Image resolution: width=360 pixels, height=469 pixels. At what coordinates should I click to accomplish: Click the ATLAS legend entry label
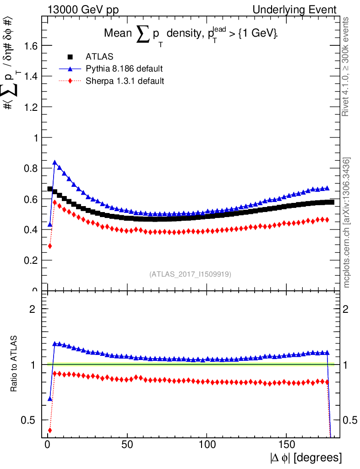click(x=99, y=57)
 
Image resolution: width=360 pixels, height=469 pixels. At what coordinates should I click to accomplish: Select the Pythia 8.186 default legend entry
click(x=124, y=69)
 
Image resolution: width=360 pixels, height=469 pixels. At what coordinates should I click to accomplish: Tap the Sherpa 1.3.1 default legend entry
click(x=125, y=81)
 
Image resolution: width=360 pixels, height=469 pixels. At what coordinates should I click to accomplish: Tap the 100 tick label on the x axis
click(x=207, y=445)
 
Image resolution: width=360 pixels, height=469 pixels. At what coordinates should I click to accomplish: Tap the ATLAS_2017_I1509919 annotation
click(x=190, y=274)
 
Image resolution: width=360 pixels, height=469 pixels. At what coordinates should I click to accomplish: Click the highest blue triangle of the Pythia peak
click(x=55, y=163)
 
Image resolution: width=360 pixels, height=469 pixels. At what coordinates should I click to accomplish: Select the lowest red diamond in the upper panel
click(x=49, y=246)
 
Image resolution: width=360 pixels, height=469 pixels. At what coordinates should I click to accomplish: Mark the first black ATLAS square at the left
click(x=50, y=189)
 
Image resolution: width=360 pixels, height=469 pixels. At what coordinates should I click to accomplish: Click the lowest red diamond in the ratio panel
click(x=49, y=430)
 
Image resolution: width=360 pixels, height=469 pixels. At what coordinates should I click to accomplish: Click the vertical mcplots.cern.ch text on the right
click(x=347, y=223)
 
